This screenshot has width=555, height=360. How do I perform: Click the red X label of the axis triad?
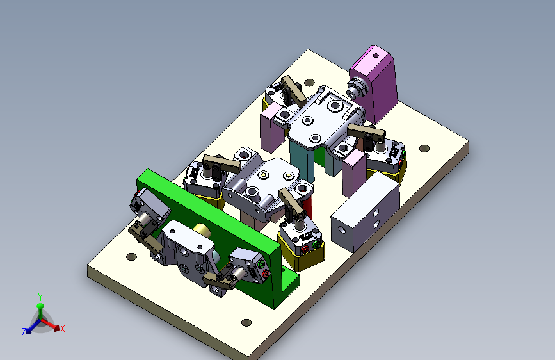(x=63, y=329)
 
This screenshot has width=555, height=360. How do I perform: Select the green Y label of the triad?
(x=40, y=297)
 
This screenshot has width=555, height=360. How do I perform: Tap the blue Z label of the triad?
(x=24, y=332)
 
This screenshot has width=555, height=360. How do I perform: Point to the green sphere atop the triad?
(x=40, y=306)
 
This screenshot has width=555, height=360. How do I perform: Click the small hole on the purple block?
(x=376, y=55)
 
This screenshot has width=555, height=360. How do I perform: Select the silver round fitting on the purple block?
(x=355, y=88)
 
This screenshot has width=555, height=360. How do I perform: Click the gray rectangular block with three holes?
(x=366, y=211)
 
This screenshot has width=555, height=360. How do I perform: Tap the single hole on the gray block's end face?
(x=342, y=230)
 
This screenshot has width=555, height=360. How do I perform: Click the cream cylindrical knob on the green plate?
(x=202, y=231)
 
